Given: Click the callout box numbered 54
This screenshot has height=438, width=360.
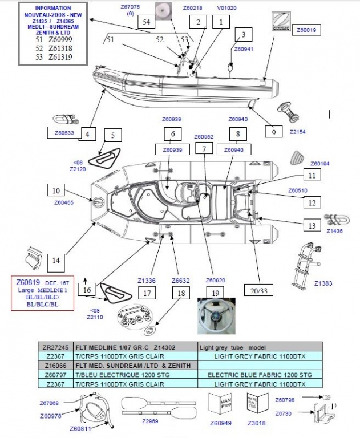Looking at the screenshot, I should [147, 22].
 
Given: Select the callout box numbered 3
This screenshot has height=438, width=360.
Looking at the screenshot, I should [244, 35].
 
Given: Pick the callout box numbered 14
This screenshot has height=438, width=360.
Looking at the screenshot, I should [56, 261].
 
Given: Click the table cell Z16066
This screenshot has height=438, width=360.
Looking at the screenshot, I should [55, 365].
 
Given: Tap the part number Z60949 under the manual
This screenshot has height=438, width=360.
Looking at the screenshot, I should [221, 423].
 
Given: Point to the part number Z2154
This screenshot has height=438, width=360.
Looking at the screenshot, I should [298, 132].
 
